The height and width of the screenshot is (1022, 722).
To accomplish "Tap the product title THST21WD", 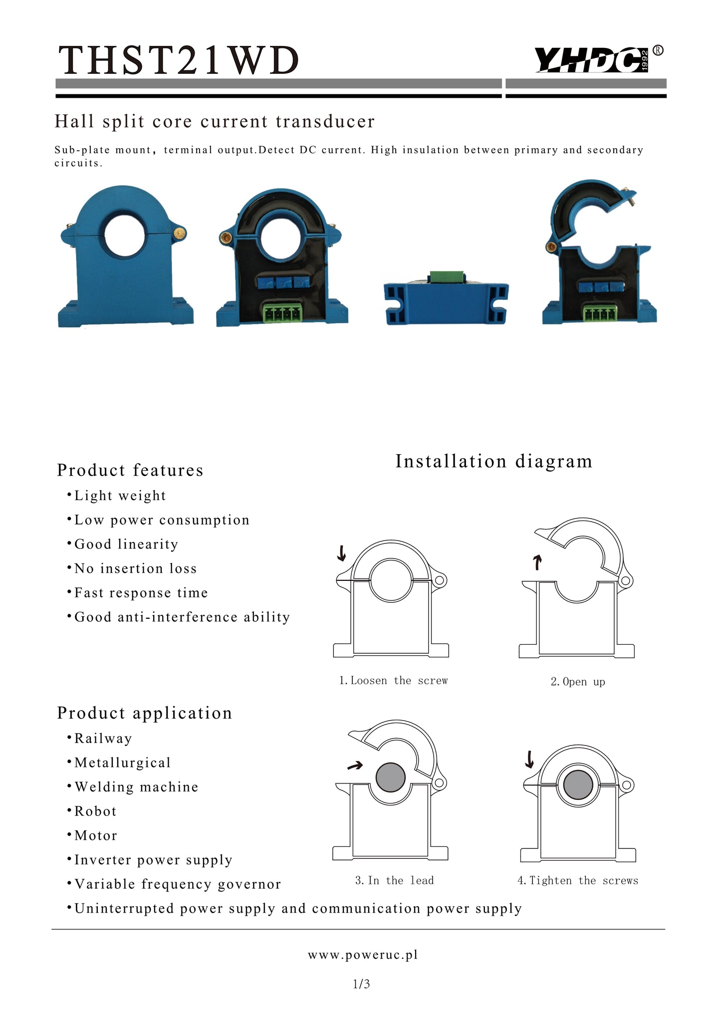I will coord(179,61).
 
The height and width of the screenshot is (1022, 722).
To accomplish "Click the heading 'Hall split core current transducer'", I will coord(215,121).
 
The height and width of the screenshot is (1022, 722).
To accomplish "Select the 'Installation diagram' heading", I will coord(493,461).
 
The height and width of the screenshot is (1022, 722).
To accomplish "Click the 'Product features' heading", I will coord(130,470).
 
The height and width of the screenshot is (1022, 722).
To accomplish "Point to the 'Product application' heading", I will coord(144,713).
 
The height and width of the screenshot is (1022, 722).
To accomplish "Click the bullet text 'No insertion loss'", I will coord(135,568).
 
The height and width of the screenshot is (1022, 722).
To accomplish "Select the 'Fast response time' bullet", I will coord(141,593).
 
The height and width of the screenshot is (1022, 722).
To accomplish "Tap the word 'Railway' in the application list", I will coord(103,739).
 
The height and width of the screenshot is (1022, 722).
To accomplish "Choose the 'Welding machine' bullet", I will coord(136,787).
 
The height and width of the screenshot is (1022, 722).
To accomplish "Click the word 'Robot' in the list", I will coord(95,811).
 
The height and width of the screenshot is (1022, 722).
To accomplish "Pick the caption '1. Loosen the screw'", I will coord(393,681).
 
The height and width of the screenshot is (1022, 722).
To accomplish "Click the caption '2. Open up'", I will coord(578,682).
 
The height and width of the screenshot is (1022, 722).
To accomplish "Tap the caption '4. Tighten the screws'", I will coord(578,881).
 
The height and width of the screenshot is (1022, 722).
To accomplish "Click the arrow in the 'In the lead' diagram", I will coord(355,766).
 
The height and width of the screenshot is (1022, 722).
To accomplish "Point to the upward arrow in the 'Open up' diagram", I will coord(537,562).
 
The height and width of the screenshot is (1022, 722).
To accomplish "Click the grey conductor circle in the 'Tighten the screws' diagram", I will coord(578,784).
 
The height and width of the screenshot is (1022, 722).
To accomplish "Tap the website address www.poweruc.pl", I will coord(363,955).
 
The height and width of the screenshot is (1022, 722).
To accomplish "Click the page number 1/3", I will coord(361,984).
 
